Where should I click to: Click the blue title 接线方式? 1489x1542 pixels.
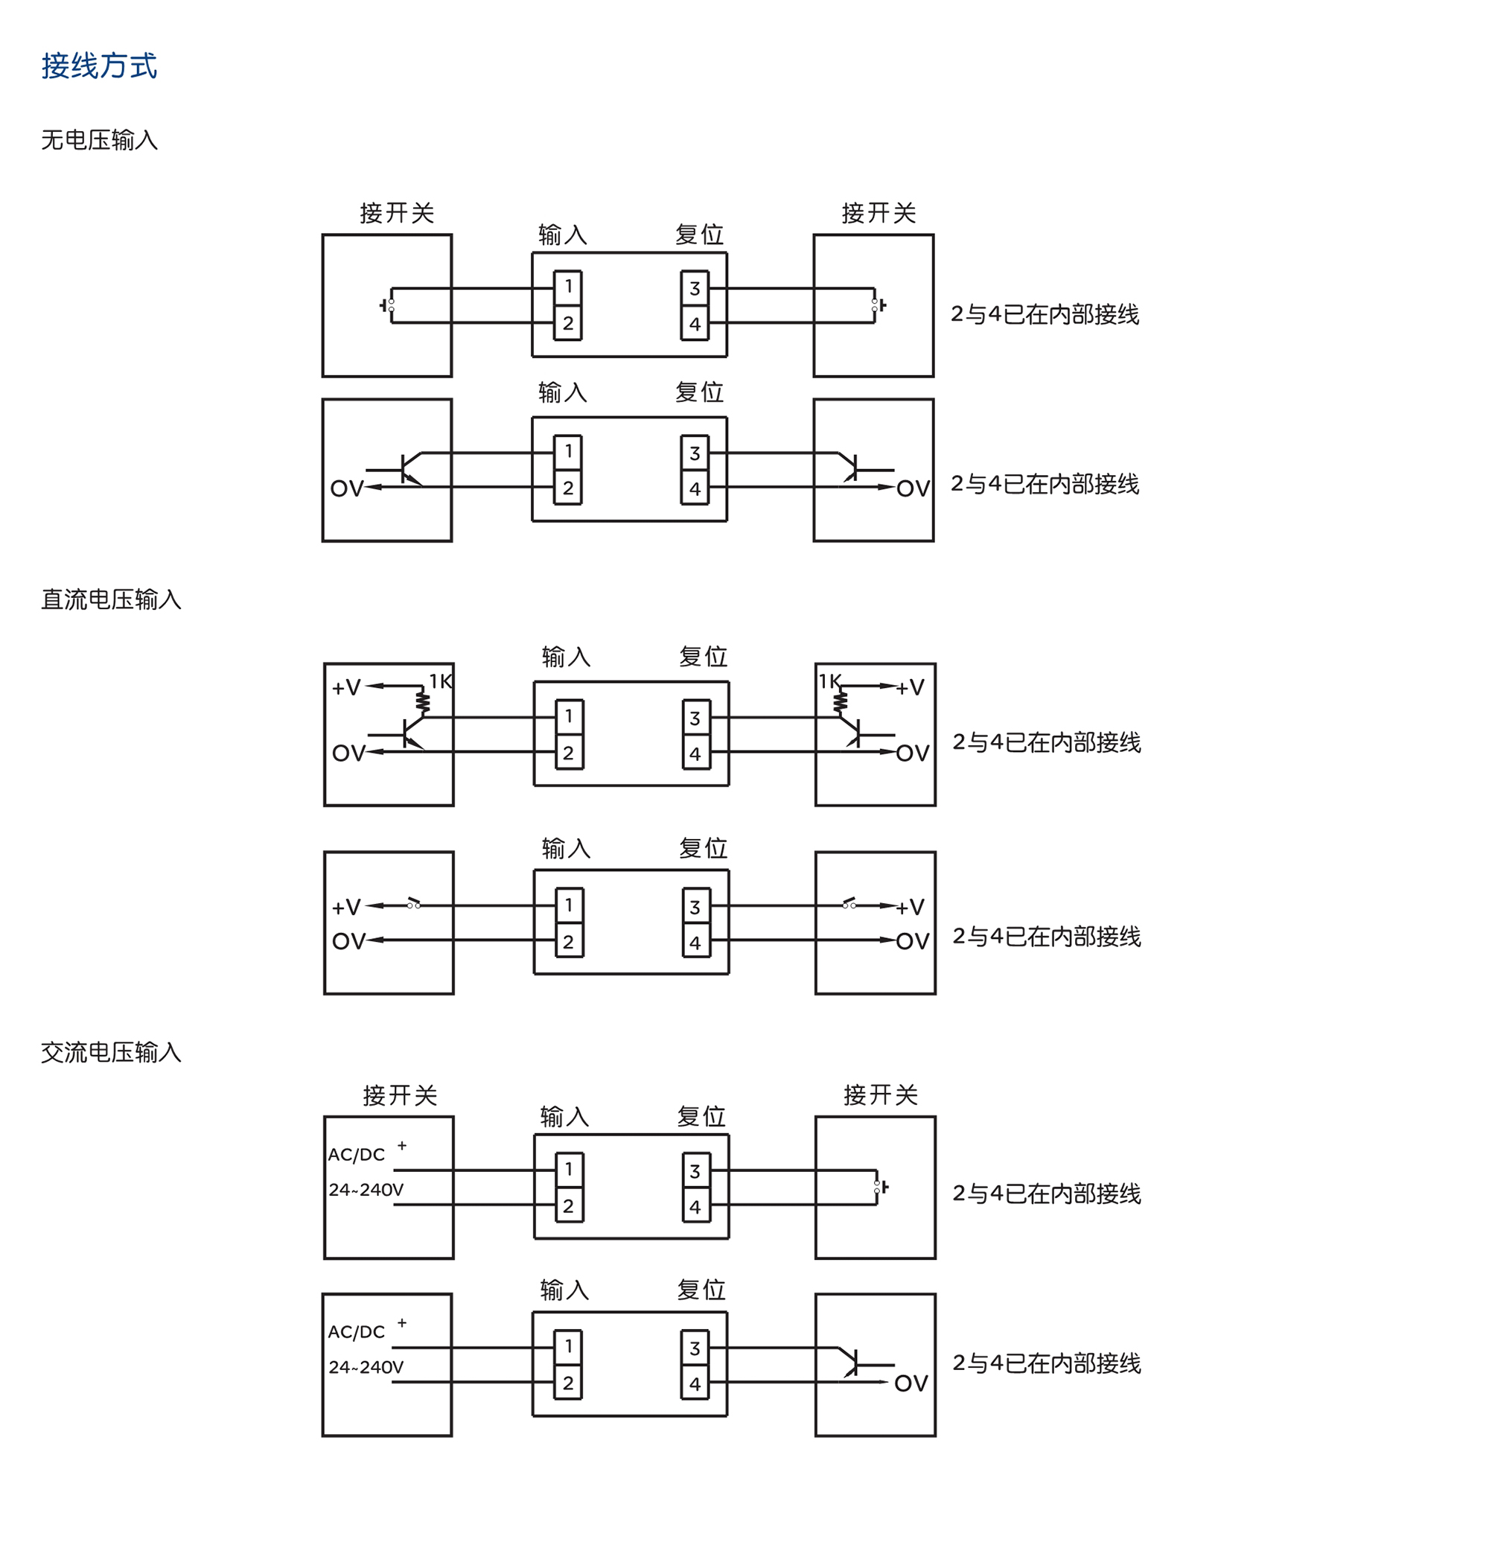click(x=99, y=66)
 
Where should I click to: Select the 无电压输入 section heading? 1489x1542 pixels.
click(x=99, y=140)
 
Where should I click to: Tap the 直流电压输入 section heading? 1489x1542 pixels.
click(x=111, y=599)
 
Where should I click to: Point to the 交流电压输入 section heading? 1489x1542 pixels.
click(x=111, y=1052)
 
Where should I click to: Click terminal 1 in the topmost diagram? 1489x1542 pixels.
click(x=568, y=287)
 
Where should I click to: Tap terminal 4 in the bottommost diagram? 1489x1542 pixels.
click(x=695, y=1383)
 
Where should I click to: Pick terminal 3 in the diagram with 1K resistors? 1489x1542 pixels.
click(x=695, y=718)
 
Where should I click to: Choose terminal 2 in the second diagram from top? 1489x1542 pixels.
click(x=568, y=488)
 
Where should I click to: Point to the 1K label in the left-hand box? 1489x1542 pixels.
click(x=440, y=681)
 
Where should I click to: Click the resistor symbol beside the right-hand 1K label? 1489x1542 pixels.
click(x=841, y=699)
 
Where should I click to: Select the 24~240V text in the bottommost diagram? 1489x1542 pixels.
click(x=366, y=1367)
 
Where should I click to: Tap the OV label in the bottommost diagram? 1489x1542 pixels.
click(x=911, y=1384)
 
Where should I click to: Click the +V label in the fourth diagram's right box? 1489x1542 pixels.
click(x=910, y=907)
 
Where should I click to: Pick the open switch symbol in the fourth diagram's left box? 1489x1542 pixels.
click(x=414, y=903)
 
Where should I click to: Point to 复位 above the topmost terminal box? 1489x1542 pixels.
click(x=699, y=235)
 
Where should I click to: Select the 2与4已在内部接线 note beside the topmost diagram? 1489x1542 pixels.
click(x=1045, y=315)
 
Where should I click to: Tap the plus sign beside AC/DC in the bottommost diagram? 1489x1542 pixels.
click(x=402, y=1322)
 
